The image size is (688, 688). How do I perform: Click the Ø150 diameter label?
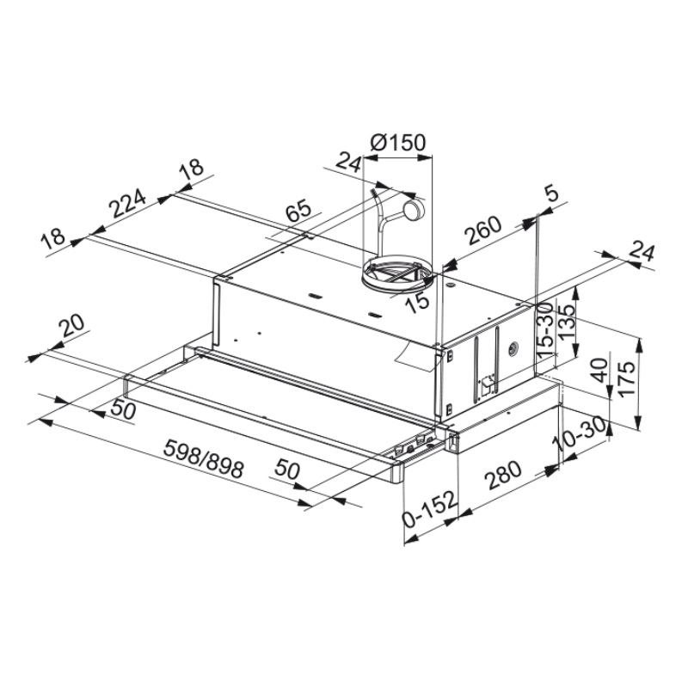(396, 143)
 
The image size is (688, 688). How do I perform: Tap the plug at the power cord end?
(415, 209)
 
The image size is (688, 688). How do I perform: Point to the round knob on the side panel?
(513, 348)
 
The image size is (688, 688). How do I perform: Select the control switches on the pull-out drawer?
(411, 445)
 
